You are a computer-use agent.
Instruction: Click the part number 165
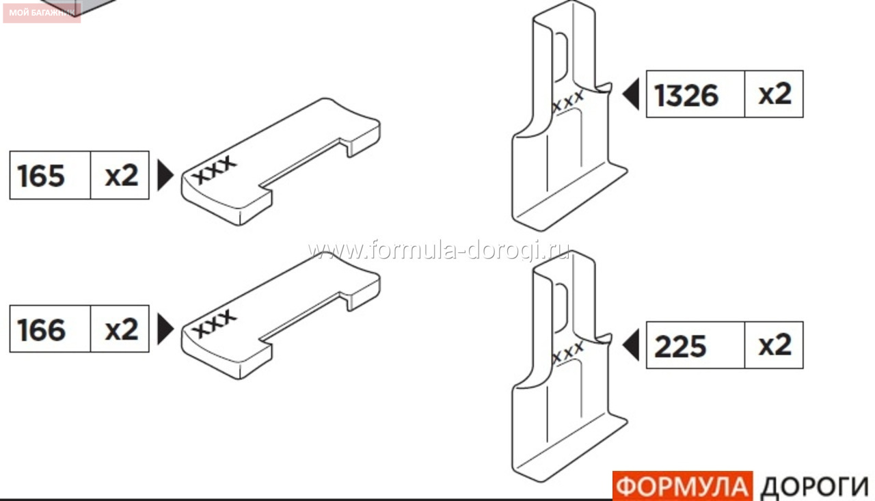41,176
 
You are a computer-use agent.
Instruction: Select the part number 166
41,330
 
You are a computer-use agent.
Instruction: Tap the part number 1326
686,95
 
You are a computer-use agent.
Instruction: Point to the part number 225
680,347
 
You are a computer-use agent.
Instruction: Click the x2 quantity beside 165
122,176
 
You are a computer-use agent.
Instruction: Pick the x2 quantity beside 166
122,330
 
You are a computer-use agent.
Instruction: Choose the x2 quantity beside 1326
775,94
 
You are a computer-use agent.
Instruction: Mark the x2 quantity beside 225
775,345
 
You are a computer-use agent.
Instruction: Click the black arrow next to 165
165,175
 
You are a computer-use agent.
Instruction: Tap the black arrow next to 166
165,329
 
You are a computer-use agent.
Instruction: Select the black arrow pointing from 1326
631,94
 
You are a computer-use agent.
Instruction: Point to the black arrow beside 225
631,344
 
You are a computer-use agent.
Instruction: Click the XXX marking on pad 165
214,170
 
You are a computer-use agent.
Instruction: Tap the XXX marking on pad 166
214,324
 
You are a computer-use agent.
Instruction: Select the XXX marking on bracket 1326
568,101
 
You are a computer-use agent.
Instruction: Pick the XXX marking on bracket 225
568,352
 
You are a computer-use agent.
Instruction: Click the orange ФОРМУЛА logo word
682,487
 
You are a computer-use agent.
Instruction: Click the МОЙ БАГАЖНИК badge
42,12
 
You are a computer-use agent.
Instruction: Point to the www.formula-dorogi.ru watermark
438,250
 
